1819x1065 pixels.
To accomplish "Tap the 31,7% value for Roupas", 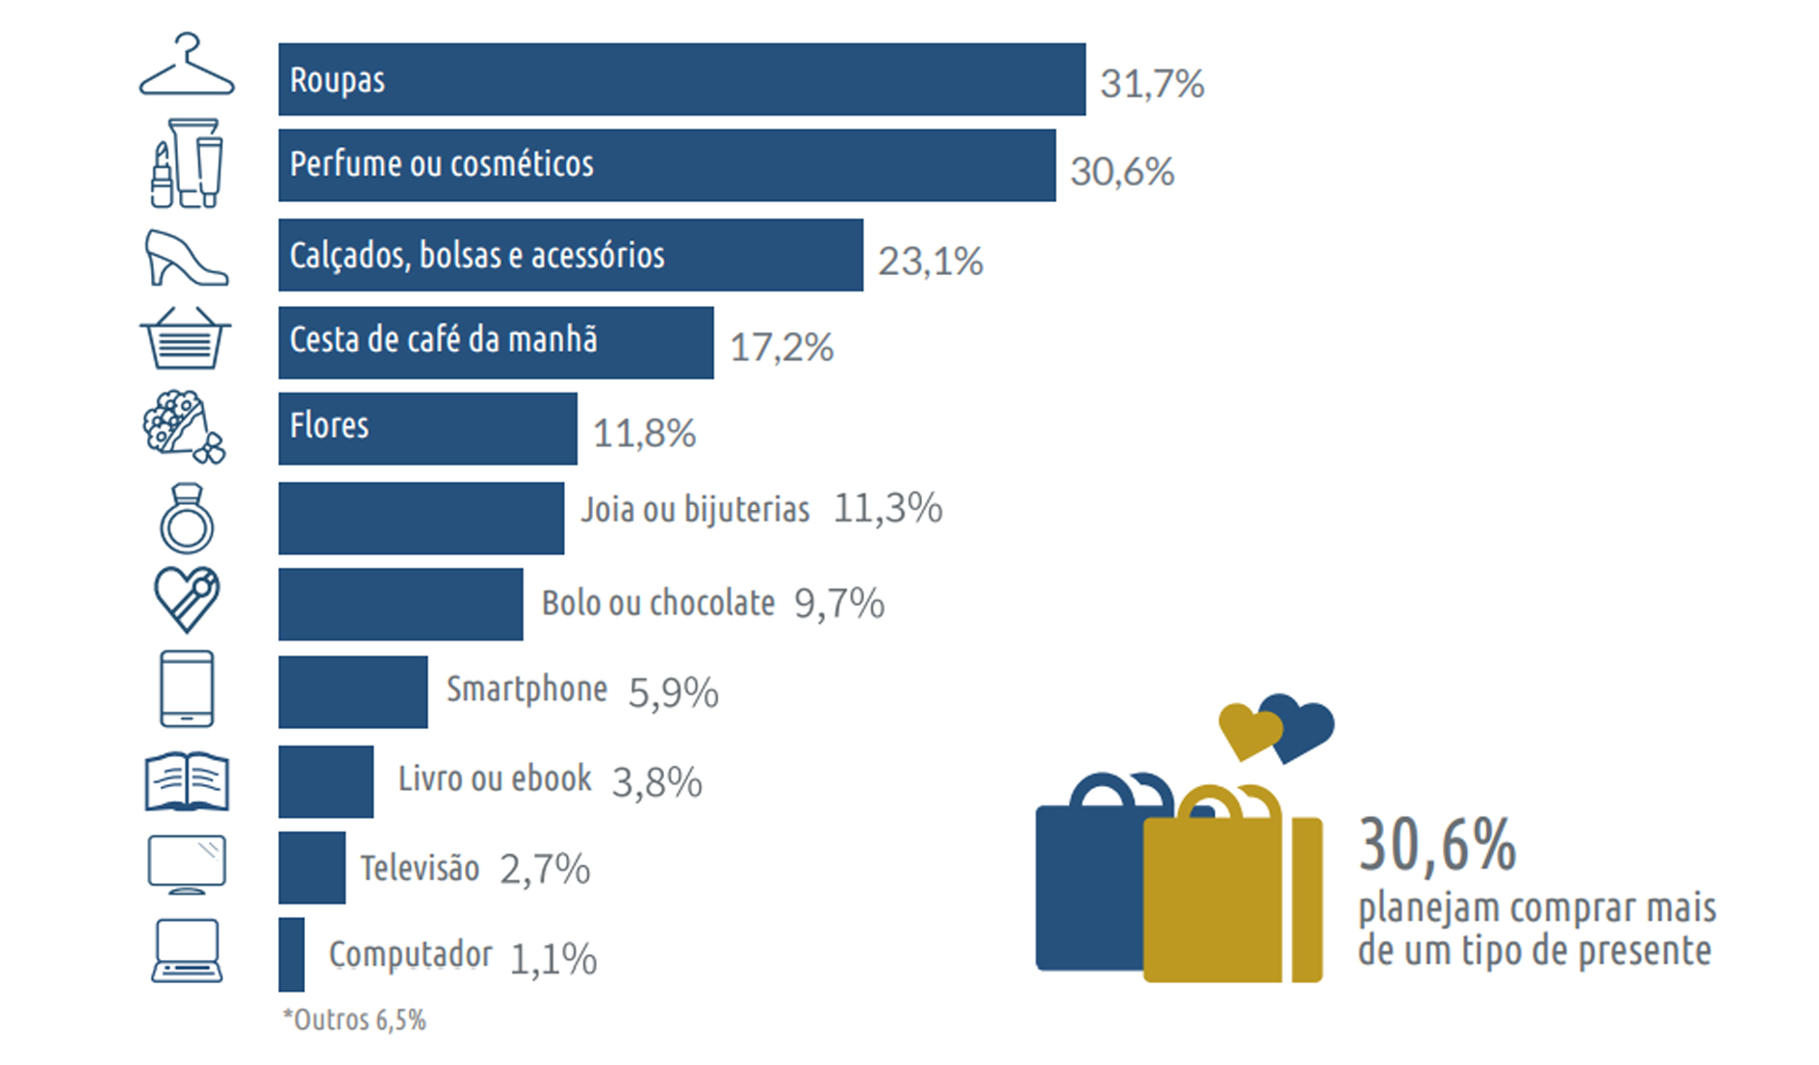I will pos(1151,84).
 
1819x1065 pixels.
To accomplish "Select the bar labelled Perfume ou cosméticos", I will pos(666,165).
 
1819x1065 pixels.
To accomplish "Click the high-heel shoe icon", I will pos(186,258).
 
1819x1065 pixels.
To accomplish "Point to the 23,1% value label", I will pos(930,261).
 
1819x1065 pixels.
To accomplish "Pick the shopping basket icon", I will pos(186,338).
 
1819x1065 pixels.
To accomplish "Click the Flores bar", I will pos(427,428).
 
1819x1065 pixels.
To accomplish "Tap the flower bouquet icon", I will pos(183,426).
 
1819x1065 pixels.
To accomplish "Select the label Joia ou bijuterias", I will pos(695,509).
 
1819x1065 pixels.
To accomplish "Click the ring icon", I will pos(187,519).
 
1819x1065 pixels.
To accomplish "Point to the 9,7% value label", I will pos(838,604).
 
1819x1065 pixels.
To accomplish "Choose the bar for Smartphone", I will pos(352,692).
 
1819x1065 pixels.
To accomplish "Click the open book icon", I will pos(187,780).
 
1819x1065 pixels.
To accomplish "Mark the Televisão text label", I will pos(420,868).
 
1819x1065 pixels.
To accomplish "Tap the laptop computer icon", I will pos(187,951).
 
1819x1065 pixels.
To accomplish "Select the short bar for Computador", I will pos(292,954).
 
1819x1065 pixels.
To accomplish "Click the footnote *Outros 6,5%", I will pos(354,1020).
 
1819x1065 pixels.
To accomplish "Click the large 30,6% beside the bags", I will pos(1437,845).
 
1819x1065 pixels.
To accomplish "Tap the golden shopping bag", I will pos(1222,895).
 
